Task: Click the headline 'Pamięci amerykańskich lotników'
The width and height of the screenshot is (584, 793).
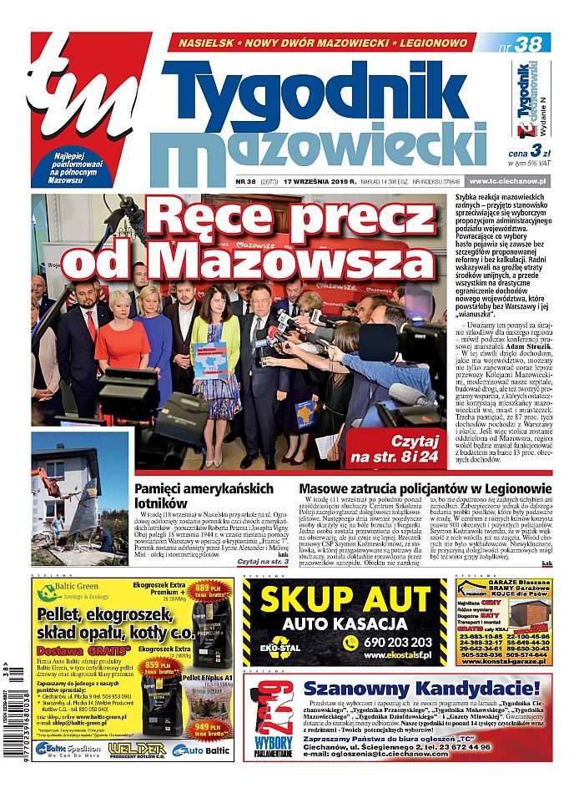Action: pyautogui.click(x=204, y=495)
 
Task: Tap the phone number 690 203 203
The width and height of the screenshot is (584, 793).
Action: pyautogui.click(x=397, y=642)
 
